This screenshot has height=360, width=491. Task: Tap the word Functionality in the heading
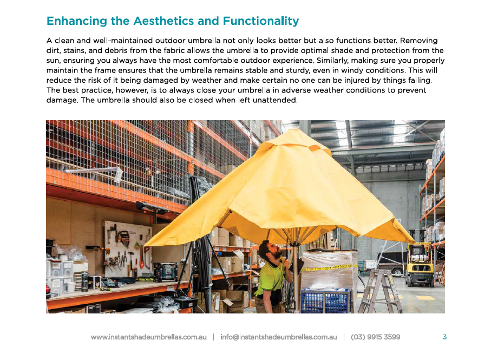(260, 21)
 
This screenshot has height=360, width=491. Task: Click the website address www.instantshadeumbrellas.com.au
(149, 337)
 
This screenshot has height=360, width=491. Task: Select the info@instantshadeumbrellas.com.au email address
(278, 337)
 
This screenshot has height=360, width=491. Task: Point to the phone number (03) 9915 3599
(376, 337)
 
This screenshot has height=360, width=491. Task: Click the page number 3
(444, 337)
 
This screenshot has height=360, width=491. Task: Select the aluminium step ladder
(380, 291)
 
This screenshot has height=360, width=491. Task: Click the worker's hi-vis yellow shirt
(271, 277)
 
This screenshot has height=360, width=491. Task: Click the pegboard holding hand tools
(128, 249)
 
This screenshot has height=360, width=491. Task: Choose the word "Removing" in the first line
(418, 41)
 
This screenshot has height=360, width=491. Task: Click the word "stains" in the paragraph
(74, 51)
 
